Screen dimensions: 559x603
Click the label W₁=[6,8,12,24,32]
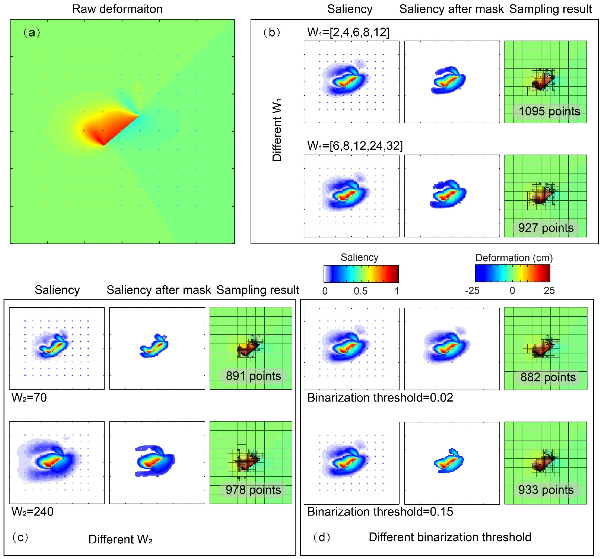click(355, 146)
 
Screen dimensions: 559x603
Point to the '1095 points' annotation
click(549, 111)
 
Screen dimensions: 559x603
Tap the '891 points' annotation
click(253, 376)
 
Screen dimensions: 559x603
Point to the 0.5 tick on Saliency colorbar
click(361, 291)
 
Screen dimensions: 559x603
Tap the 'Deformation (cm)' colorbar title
click(514, 258)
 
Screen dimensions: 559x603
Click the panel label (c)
click(20, 537)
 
